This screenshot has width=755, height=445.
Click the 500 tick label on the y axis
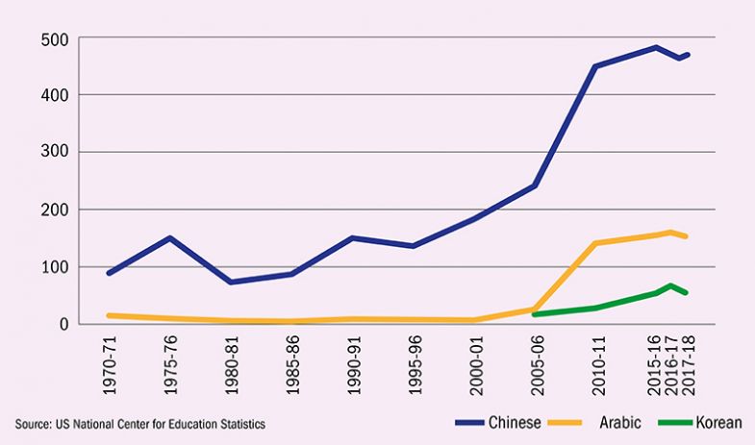point(54,38)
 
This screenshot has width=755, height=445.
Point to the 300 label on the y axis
point(54,152)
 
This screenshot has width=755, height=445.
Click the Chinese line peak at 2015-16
point(656,47)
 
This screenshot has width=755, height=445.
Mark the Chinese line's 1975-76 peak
point(169,237)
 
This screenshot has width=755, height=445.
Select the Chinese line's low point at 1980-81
point(231,282)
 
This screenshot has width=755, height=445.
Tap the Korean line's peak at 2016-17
point(670,285)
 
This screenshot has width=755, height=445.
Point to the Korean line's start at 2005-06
point(534,314)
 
